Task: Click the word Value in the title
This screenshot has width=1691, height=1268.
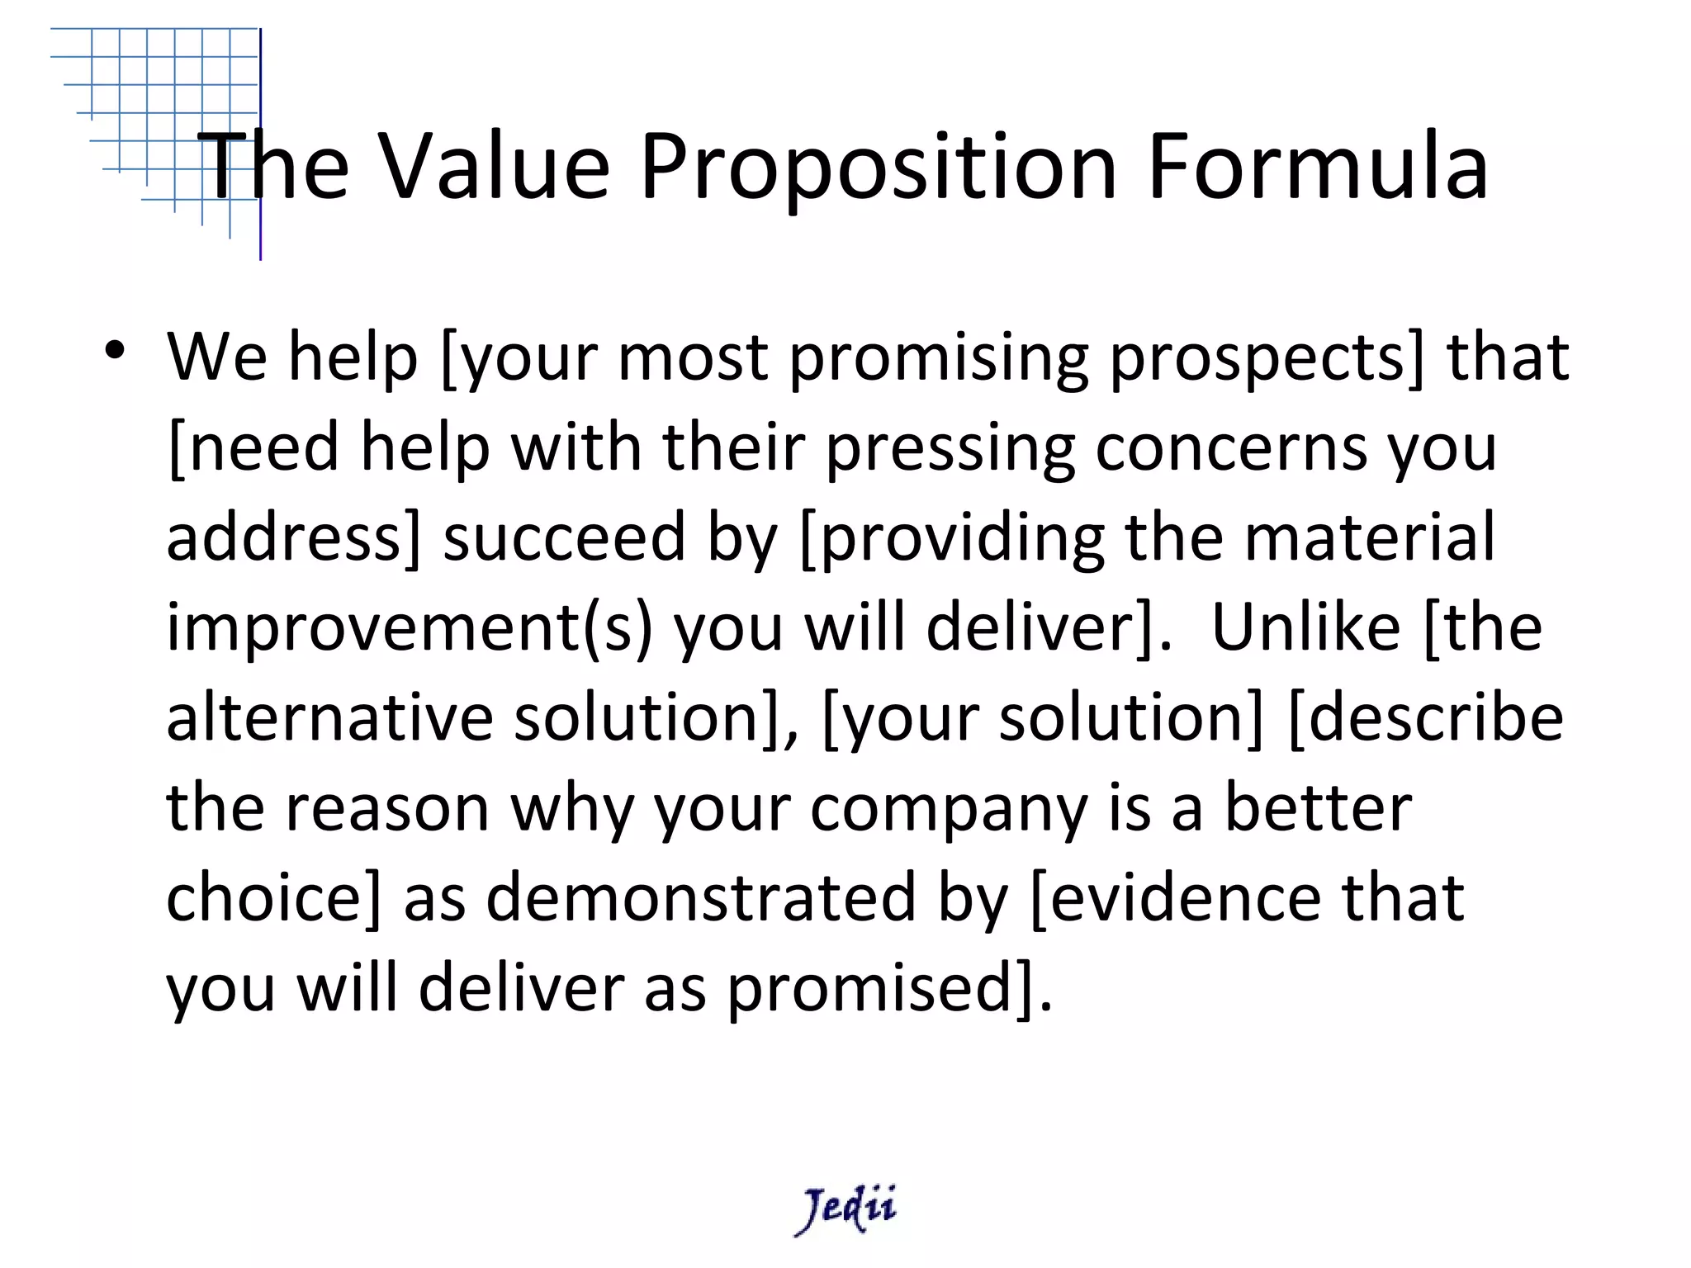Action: (x=494, y=167)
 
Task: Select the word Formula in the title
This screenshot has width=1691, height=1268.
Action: (x=1318, y=167)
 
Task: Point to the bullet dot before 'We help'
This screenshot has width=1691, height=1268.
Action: (x=115, y=350)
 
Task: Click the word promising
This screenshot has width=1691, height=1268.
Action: (x=939, y=358)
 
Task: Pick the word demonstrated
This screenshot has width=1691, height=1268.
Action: (x=701, y=898)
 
